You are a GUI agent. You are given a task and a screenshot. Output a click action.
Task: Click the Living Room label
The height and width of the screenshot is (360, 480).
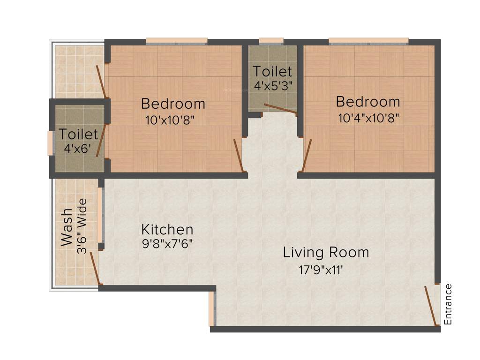[x=326, y=252]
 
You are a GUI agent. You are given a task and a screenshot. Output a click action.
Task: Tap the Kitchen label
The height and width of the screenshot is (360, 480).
[x=167, y=230]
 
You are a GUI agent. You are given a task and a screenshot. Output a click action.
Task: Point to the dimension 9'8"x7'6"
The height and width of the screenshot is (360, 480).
[x=167, y=244]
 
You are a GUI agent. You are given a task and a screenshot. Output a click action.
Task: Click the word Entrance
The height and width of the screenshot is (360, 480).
[x=448, y=304]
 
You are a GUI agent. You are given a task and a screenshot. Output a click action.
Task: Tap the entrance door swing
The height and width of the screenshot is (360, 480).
[x=430, y=305]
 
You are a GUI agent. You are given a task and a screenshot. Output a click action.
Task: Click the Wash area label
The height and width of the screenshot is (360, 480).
[x=67, y=227]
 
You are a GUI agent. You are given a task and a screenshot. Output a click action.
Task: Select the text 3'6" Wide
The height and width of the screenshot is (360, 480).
[x=82, y=226]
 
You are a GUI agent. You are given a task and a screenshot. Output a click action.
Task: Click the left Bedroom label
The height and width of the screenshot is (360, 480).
[x=173, y=103]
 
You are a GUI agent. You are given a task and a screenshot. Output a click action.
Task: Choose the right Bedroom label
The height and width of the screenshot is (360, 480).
[x=368, y=102]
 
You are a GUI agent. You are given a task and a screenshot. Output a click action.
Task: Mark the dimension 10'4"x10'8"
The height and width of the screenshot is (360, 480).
[x=368, y=118]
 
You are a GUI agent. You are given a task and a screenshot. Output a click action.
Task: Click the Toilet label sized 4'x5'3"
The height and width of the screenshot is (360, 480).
[x=272, y=72]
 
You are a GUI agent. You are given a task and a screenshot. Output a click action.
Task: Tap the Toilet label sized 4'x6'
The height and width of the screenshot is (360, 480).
[x=78, y=135]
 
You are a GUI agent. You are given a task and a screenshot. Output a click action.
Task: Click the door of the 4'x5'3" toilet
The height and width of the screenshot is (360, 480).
[x=280, y=109]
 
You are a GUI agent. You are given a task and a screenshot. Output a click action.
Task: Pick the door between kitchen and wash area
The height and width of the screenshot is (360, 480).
[x=94, y=267]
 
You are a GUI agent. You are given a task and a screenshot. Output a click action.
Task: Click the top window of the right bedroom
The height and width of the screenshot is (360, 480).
[x=368, y=41]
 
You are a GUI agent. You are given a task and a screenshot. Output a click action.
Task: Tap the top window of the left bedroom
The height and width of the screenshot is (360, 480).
[x=176, y=41]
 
